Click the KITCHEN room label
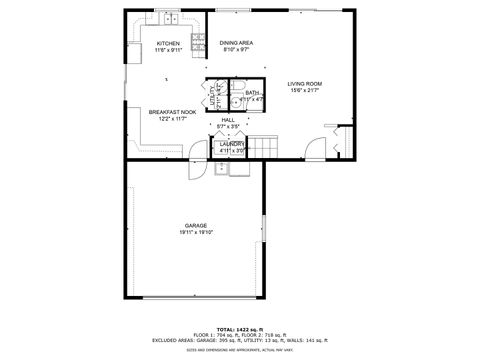(x=167, y=44)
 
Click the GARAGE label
(x=195, y=226)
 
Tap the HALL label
(x=228, y=120)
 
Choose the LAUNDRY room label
(x=232, y=144)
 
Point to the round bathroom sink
(x=232, y=101)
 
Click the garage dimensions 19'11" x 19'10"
(x=195, y=233)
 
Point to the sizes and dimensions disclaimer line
(x=237, y=350)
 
